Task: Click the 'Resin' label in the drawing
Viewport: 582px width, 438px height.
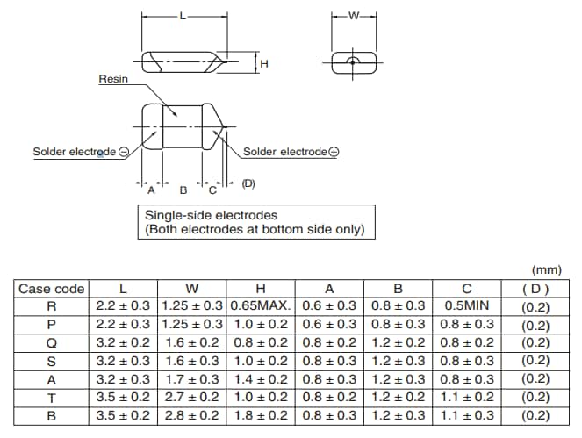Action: click(x=114, y=79)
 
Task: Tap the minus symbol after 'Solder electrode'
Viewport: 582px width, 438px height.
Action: click(x=123, y=152)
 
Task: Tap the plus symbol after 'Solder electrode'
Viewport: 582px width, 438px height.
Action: click(x=334, y=152)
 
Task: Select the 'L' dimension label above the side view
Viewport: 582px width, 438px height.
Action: click(x=183, y=16)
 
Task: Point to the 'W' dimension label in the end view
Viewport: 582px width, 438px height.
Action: click(x=354, y=16)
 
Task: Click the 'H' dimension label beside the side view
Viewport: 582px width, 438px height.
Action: click(x=263, y=63)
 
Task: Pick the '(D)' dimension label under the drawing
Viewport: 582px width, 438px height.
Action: click(x=248, y=183)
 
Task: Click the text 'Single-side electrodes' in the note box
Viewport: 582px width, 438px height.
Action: click(x=211, y=215)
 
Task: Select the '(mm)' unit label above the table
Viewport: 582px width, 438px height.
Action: click(x=547, y=270)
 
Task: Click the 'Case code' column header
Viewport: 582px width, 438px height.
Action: click(x=52, y=289)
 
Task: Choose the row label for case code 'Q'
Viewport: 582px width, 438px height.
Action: click(x=52, y=342)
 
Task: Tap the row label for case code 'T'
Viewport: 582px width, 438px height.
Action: click(x=52, y=397)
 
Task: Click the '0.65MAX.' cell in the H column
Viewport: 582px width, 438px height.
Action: click(x=261, y=306)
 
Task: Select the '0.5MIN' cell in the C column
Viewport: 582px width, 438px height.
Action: click(x=467, y=306)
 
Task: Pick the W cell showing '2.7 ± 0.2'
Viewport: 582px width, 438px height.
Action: click(x=192, y=397)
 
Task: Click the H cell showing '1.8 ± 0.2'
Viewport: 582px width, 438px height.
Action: click(x=261, y=414)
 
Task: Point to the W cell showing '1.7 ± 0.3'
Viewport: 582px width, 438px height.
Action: click(x=192, y=378)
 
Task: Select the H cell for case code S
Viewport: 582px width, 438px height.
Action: click(x=261, y=361)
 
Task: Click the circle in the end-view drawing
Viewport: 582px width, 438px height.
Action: click(x=353, y=62)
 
